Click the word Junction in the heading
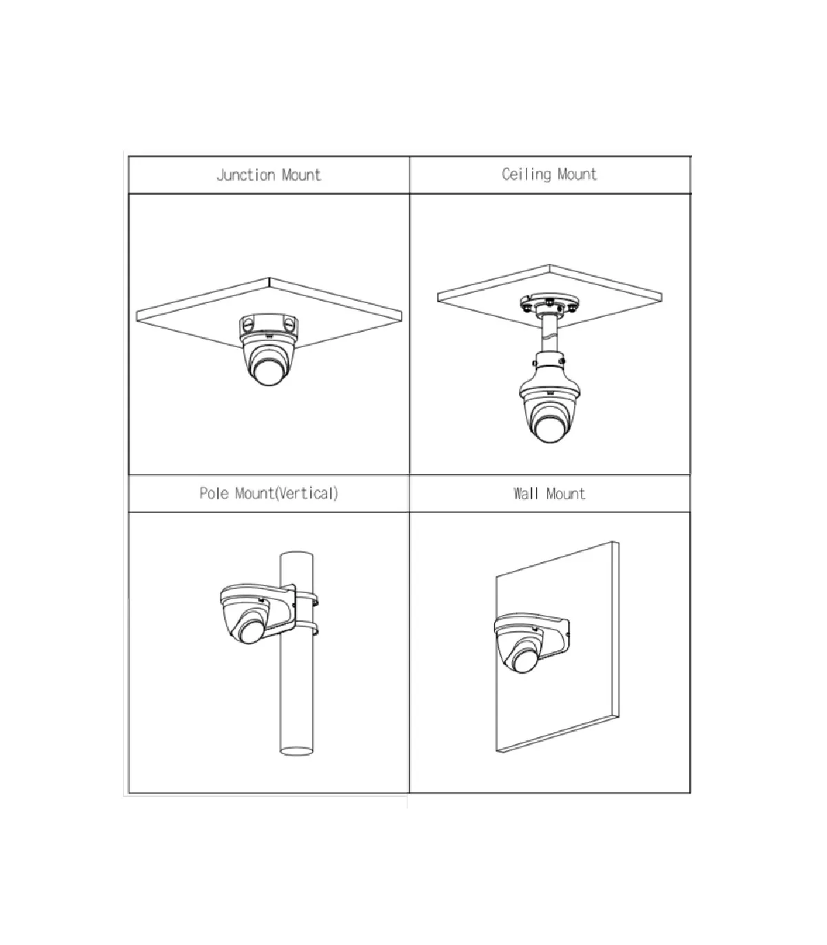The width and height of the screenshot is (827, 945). click(246, 175)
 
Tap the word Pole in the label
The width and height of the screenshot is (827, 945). click(214, 493)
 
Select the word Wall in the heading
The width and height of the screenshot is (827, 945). click(526, 493)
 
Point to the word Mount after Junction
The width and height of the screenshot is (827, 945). click(301, 175)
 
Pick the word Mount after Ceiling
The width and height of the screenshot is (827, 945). click(577, 174)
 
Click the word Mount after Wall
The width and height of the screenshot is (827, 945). click(566, 494)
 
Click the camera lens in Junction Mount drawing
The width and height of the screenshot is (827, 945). click(268, 372)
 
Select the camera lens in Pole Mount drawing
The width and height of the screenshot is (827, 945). click(251, 632)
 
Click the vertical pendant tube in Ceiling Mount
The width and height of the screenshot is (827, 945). click(549, 334)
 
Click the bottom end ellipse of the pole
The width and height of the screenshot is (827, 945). click(296, 751)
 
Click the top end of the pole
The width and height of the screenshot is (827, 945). click(296, 554)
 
